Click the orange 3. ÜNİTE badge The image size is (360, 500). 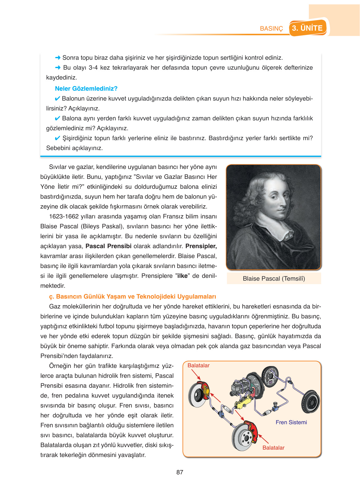coord(307,28)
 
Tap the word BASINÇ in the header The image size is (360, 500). coord(271,28)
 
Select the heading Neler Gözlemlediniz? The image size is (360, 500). coord(86,88)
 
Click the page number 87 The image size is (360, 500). coord(180,472)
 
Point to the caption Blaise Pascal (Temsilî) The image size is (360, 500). coord(274,278)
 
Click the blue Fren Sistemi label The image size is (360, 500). coord(291,422)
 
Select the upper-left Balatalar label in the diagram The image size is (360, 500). coord(198,365)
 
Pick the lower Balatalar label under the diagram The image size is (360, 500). coord(273,448)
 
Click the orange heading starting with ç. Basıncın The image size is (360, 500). coord(132,296)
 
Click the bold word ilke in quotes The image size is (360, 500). coord(182,276)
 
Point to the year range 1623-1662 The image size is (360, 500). coord(64,216)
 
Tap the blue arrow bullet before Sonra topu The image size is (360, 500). coord(58,58)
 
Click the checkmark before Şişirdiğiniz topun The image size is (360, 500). coord(57,138)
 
